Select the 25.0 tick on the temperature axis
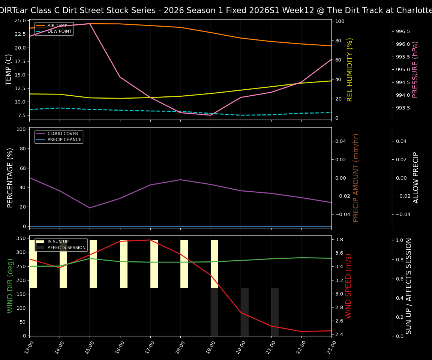click(20, 20)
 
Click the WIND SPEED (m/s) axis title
click(349, 286)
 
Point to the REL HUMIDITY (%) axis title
click(350, 70)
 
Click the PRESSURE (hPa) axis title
click(415, 70)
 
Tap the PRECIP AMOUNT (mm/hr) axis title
click(356, 178)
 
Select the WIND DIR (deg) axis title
click(10, 286)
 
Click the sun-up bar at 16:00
click(124, 264)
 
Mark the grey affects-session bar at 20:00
click(244, 312)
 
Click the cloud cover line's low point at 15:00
click(90, 208)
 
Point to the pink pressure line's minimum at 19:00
click(211, 115)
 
